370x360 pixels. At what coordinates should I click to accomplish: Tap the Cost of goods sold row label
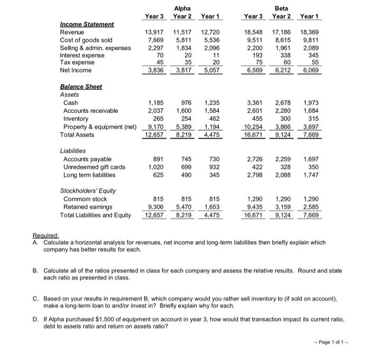(86, 40)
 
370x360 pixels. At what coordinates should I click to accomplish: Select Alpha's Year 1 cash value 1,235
(210, 102)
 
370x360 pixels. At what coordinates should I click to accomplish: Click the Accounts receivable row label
(90, 110)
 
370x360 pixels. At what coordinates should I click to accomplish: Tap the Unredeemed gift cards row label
(94, 167)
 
